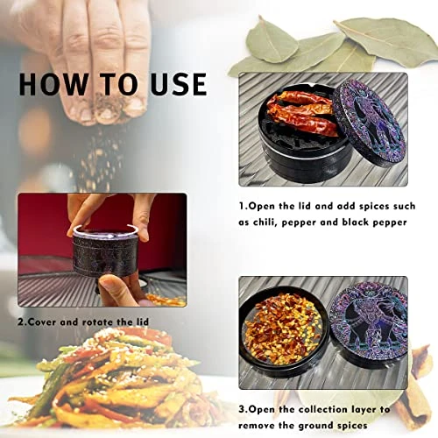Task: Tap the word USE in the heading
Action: tap(179, 84)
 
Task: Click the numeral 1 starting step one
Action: tap(242, 206)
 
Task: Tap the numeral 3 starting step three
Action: tap(242, 409)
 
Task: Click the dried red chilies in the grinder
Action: tap(302, 114)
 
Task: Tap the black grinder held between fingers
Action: tap(105, 251)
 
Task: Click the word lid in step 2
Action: tap(143, 321)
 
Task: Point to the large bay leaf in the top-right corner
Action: tap(388, 41)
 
